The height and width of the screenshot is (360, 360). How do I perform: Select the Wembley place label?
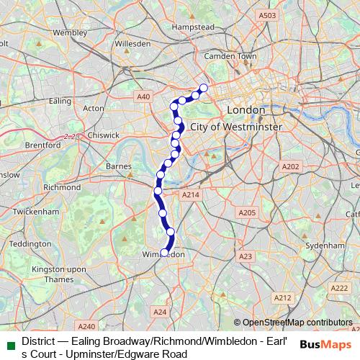(x=69, y=32)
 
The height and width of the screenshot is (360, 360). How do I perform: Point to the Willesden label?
(x=132, y=43)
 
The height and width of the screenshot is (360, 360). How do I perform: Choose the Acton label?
(x=94, y=108)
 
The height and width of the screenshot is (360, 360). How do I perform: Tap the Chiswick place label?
(x=104, y=134)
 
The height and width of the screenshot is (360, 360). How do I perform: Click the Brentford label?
(x=42, y=145)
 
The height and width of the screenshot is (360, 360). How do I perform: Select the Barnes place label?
(x=118, y=166)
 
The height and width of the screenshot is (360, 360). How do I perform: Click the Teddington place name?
(x=32, y=243)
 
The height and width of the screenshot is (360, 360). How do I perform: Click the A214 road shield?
(x=190, y=195)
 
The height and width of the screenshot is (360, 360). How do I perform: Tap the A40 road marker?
(x=143, y=96)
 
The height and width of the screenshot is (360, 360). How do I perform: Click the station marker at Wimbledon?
(x=165, y=253)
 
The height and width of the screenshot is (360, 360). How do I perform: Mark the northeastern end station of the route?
(x=203, y=88)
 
